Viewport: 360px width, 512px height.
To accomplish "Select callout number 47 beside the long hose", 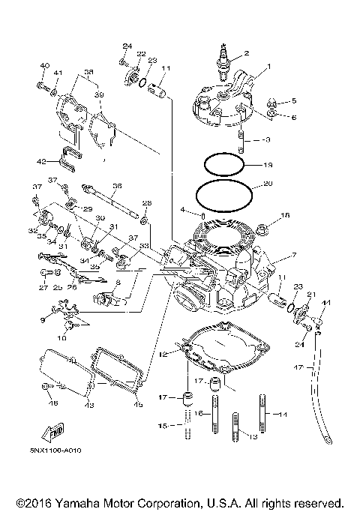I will point(298,368).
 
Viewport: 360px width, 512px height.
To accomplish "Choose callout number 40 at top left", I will point(43,66).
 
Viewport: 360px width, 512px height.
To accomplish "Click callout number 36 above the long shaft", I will point(116,186).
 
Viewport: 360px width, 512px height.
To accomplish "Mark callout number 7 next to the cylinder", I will point(294,255).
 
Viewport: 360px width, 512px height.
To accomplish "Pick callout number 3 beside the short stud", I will point(266,140).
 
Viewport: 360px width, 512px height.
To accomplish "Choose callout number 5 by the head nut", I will point(294,100).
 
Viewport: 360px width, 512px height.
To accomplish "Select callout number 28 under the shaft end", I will point(147,203).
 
